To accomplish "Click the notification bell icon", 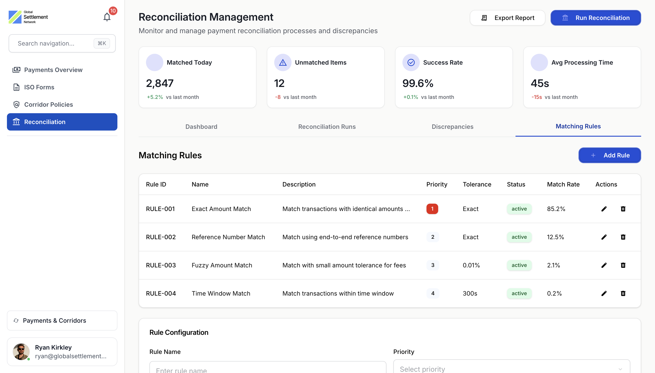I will click(107, 17).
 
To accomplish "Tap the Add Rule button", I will click(610, 155).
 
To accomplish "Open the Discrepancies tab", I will click(452, 127).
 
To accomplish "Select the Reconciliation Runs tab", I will click(327, 127).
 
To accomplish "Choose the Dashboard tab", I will click(201, 127).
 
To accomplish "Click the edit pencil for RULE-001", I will click(604, 209).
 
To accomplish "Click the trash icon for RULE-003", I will click(623, 265).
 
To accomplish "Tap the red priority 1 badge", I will click(432, 209).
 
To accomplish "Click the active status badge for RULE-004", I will click(519, 293).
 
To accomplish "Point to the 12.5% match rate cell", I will click(555, 237).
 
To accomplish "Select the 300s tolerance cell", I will click(470, 293).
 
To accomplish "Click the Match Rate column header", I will click(563, 185).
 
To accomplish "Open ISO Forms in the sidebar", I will click(39, 87).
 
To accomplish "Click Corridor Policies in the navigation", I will click(48, 105).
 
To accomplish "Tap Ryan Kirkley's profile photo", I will click(21, 352).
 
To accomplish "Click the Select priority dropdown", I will click(511, 368).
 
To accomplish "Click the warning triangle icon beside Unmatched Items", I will click(283, 62).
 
